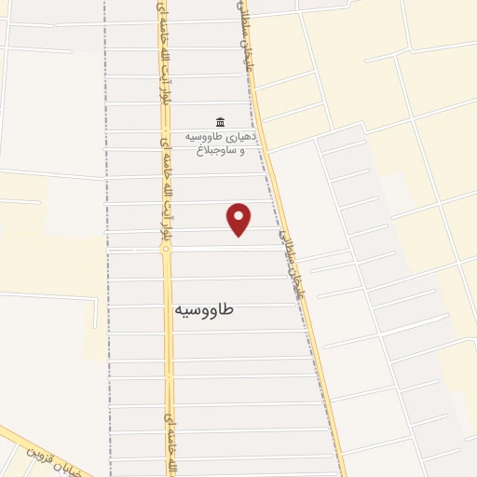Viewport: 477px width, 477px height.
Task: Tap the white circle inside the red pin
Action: pos(239,214)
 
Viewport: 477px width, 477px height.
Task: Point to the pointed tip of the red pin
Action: pos(239,235)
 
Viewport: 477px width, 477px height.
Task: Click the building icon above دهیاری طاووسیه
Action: pos(220,121)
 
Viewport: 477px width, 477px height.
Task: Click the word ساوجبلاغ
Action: pos(228,150)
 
